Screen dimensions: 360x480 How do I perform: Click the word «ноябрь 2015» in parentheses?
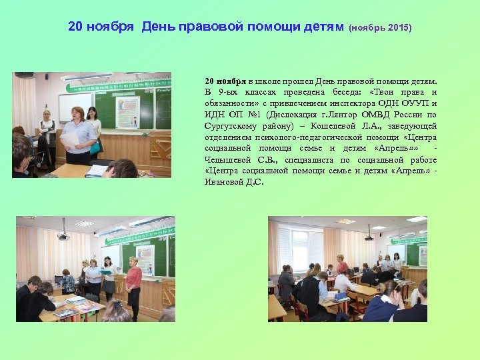pyautogui.click(x=381, y=29)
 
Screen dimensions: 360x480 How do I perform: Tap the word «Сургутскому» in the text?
pyautogui.click(x=231, y=125)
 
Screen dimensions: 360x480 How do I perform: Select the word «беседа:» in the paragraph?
pyautogui.click(x=338, y=92)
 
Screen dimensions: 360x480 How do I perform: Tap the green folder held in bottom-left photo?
pyautogui.click(x=106, y=272)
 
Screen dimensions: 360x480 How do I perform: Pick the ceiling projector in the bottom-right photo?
pyautogui.click(x=369, y=236)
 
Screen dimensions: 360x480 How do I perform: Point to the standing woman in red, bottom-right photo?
pyautogui.click(x=342, y=265)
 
